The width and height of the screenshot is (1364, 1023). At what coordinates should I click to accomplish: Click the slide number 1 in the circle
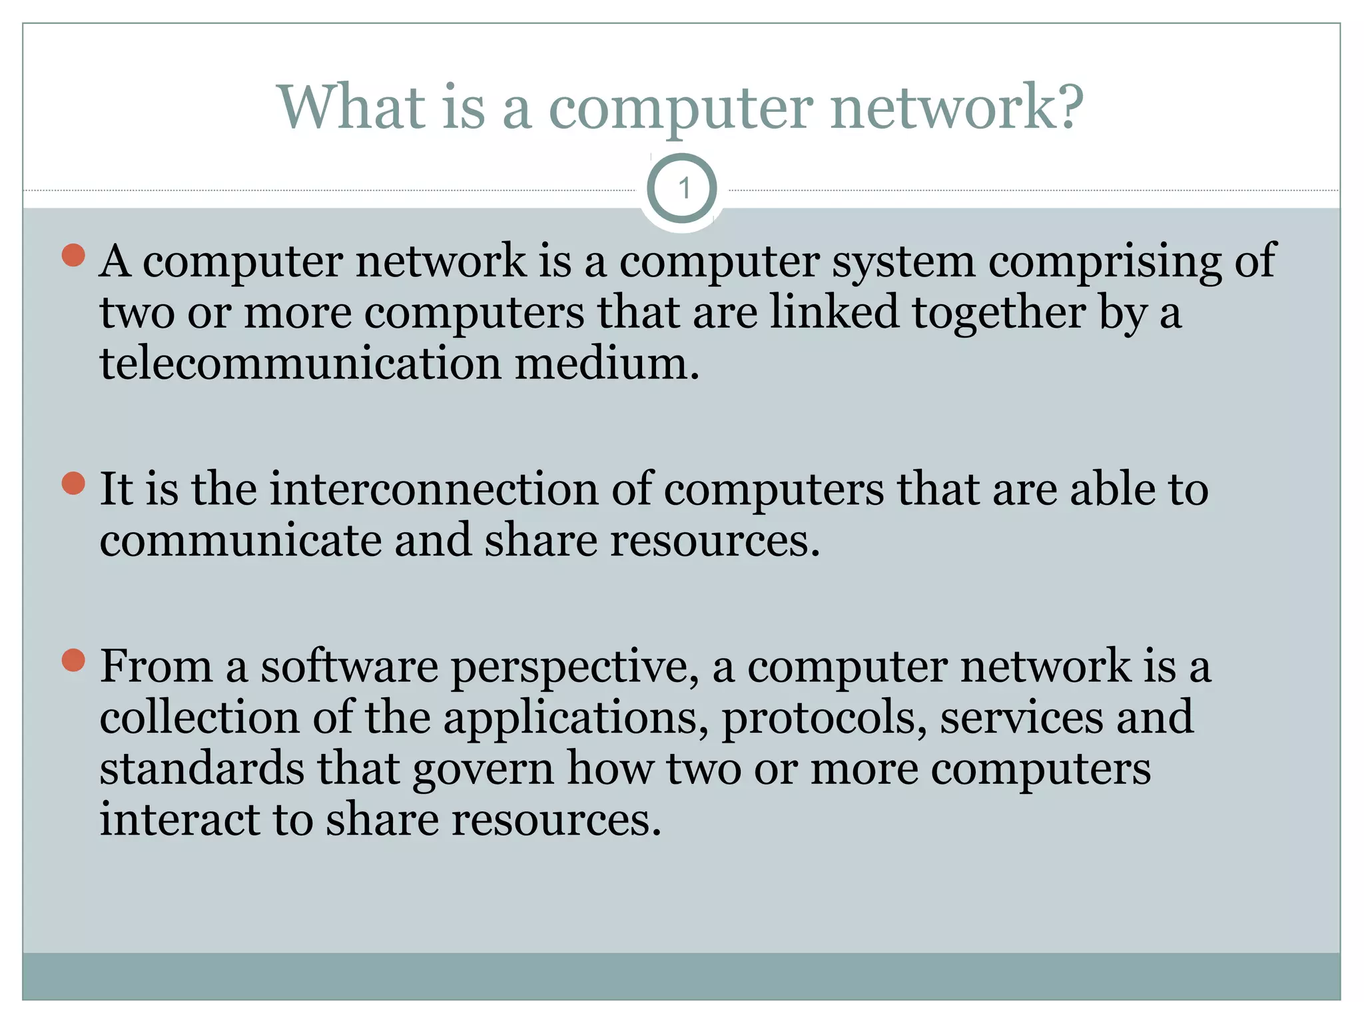coord(682,189)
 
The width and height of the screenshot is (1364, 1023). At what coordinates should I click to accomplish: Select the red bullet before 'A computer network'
coord(73,255)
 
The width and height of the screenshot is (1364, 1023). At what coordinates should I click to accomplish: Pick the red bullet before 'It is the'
coord(73,484)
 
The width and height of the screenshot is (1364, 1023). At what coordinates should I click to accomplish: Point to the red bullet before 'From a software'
coord(73,660)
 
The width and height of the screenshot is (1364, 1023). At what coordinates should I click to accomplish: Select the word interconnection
coord(434,489)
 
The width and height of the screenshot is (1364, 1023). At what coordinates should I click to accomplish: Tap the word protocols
coord(824,719)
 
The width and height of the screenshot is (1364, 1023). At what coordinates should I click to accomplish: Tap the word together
coord(999,313)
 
